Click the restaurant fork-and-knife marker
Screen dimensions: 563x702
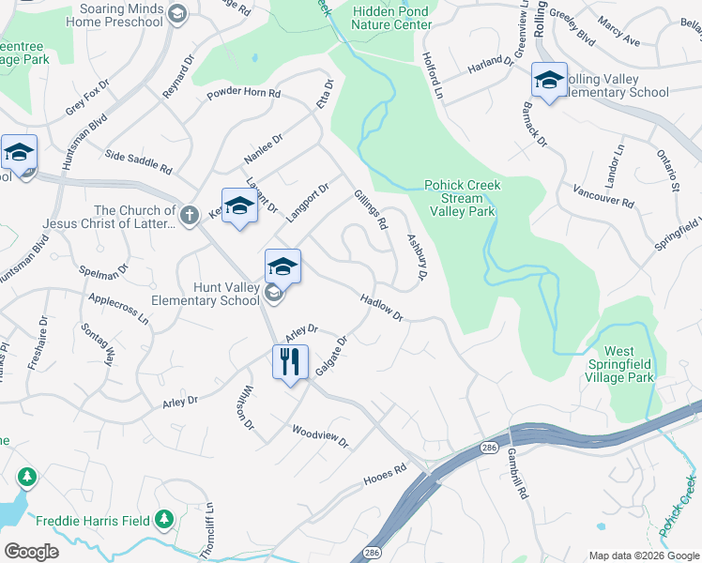click(x=290, y=360)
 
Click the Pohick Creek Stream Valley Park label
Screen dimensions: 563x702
click(x=462, y=198)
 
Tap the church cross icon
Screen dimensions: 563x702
click(x=190, y=216)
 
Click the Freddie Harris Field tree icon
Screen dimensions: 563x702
click(x=165, y=518)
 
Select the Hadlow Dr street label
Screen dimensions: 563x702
click(x=381, y=306)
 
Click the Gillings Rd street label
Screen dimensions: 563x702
click(x=371, y=210)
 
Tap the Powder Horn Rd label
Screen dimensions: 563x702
click(x=244, y=94)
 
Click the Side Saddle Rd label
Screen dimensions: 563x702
click(x=139, y=162)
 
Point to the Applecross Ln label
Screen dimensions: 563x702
click(x=118, y=307)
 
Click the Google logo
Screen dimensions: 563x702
click(x=31, y=551)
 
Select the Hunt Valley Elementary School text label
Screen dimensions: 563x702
click(x=206, y=294)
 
